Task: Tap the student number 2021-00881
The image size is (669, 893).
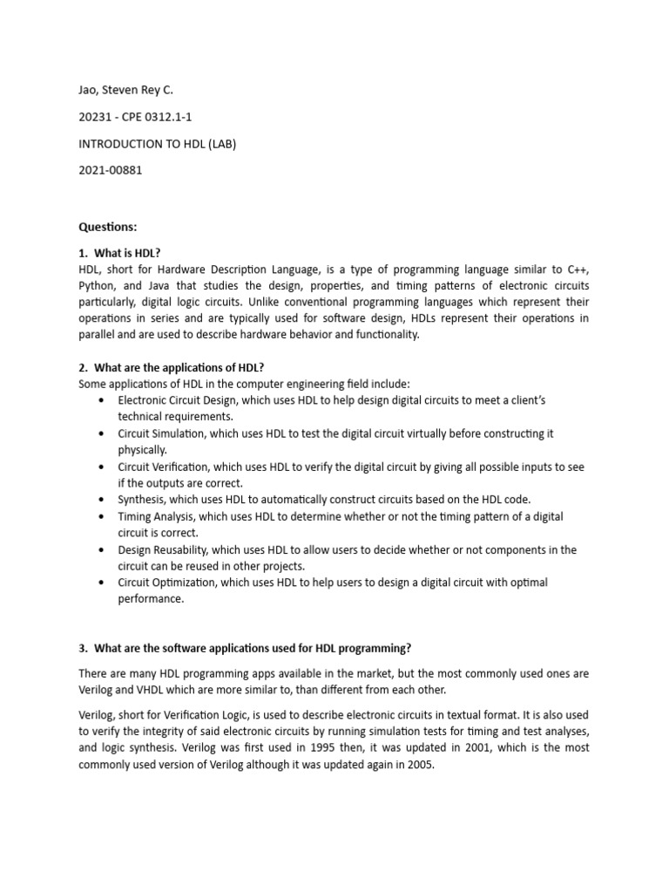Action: point(110,170)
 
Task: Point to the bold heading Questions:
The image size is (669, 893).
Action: point(108,227)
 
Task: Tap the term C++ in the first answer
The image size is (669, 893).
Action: point(574,269)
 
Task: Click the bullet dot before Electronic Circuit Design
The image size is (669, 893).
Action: point(103,400)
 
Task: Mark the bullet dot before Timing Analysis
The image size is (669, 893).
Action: point(103,517)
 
